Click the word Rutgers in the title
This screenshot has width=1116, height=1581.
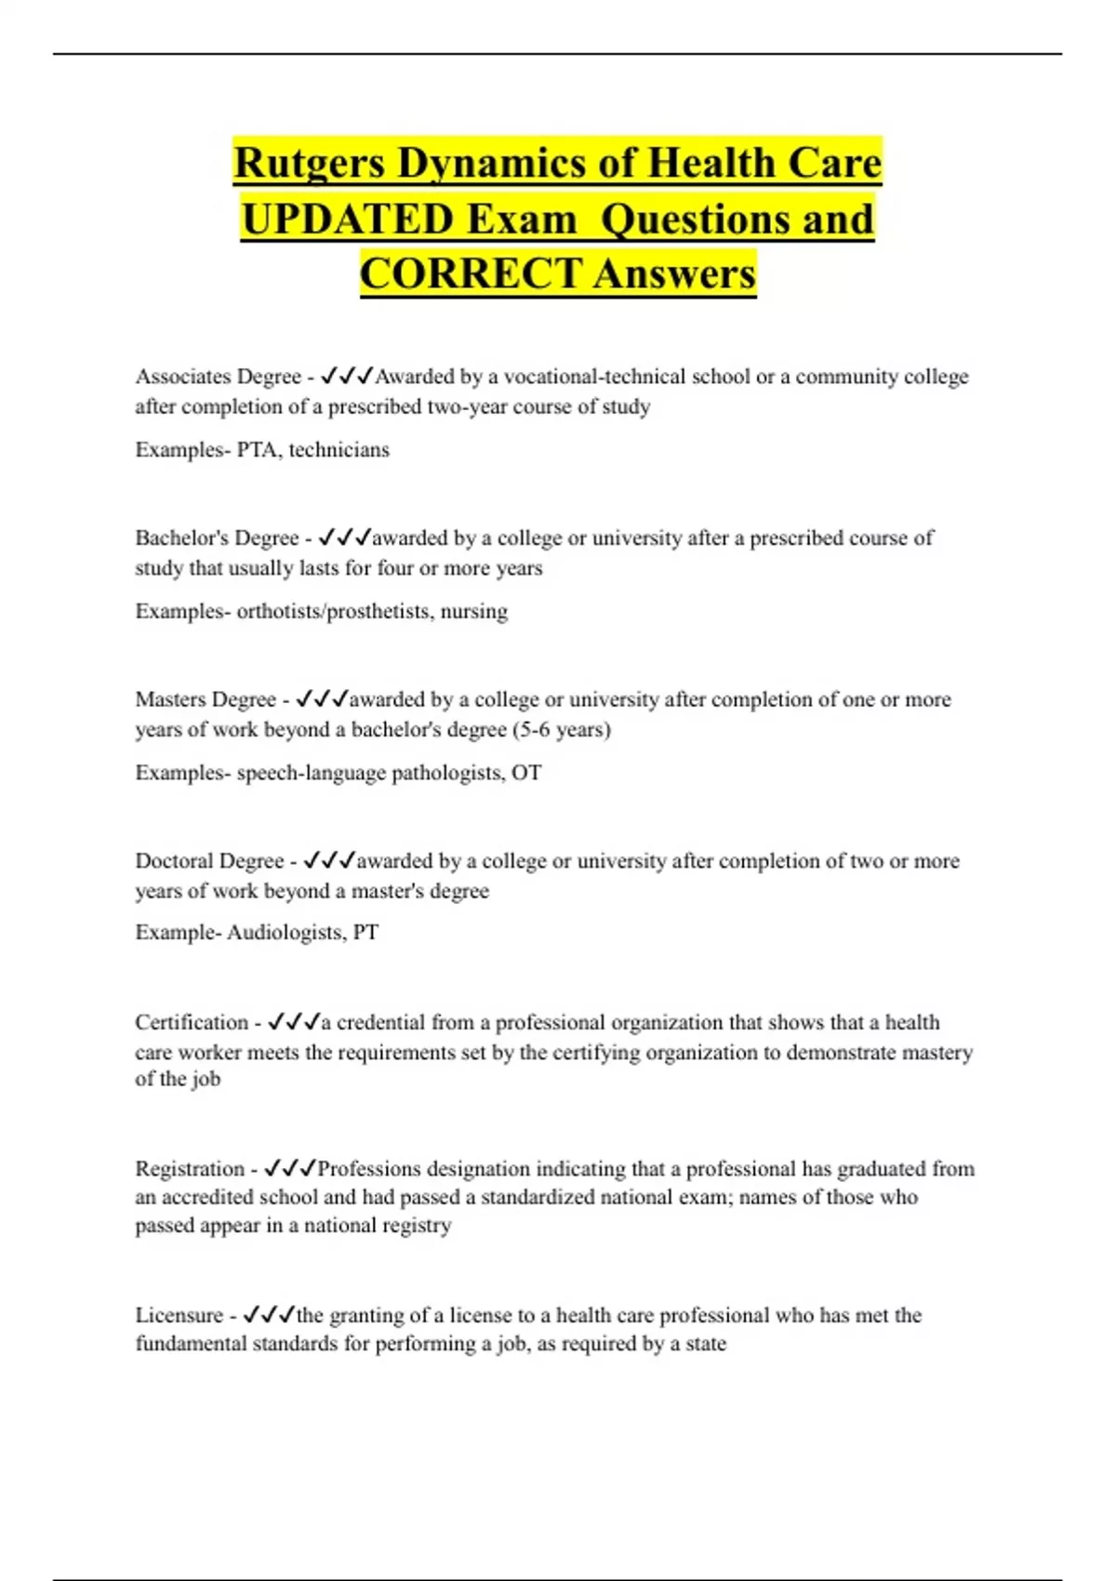[x=309, y=164]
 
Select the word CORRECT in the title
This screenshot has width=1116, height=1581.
[x=471, y=274]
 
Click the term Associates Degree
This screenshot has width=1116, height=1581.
[x=218, y=377]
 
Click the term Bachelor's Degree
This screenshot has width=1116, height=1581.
[x=217, y=538]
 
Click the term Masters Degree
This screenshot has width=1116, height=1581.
[x=206, y=699]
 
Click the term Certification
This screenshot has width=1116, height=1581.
[x=192, y=1023]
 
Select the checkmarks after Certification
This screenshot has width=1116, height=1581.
[x=293, y=1023]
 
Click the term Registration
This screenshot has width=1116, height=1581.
[x=190, y=1169]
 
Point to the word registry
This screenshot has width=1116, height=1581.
[x=417, y=1226]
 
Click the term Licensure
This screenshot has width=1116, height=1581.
[x=179, y=1316]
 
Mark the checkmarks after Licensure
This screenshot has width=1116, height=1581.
[x=269, y=1316]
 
